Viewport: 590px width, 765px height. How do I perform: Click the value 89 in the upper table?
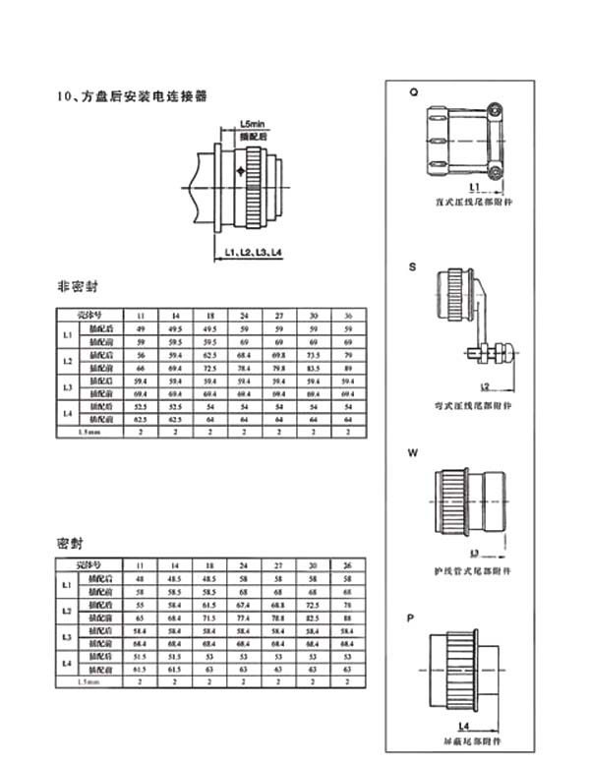tap(347, 366)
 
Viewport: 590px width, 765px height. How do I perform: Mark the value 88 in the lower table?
tap(347, 618)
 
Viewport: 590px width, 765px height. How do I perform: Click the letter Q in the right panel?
tap(414, 91)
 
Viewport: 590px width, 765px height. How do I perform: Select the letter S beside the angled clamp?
tap(413, 265)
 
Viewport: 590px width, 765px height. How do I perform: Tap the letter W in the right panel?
tap(414, 454)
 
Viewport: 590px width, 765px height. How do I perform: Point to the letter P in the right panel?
tap(413, 618)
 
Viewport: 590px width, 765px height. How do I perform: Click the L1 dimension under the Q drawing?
tap(474, 184)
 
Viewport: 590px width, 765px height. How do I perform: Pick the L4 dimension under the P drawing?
tap(463, 726)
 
